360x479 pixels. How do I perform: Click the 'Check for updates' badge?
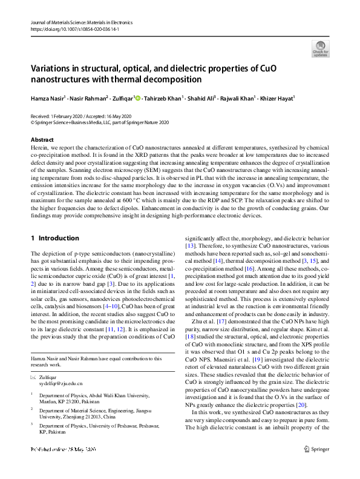321,48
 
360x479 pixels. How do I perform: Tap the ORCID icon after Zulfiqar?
137,98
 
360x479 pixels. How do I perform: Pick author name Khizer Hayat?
278,98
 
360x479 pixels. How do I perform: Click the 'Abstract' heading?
42,139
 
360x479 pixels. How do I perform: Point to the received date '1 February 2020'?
68,115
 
